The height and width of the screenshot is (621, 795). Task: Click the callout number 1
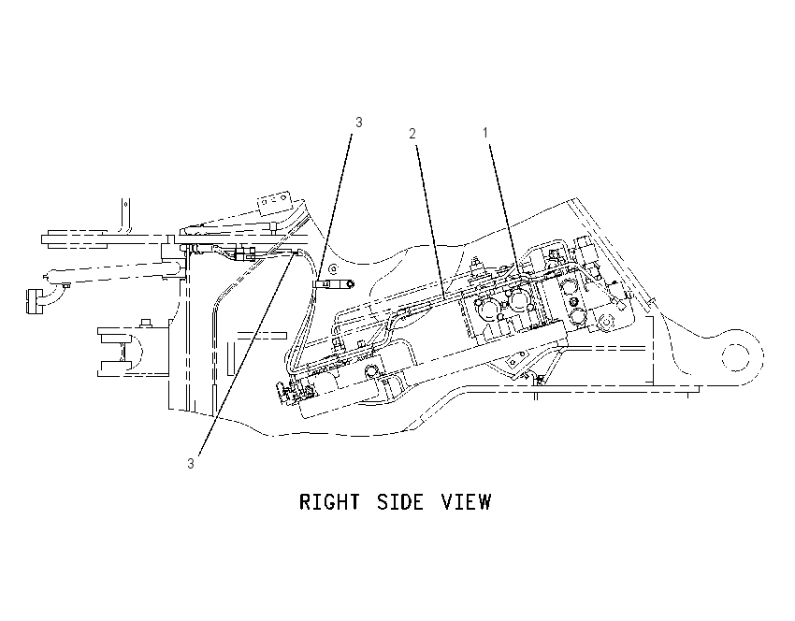click(485, 133)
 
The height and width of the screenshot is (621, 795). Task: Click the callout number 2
click(412, 134)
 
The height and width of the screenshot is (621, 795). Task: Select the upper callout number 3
click(359, 123)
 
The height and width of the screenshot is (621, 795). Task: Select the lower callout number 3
click(191, 463)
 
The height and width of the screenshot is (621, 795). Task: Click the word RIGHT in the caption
click(330, 502)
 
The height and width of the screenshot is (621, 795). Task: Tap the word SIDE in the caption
click(400, 502)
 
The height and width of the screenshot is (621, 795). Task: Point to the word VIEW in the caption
click(467, 502)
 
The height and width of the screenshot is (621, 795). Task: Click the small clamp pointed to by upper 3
click(334, 285)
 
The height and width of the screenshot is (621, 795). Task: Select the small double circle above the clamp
click(333, 267)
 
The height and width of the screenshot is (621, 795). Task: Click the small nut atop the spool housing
click(146, 322)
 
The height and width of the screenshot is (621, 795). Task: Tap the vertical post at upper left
click(125, 216)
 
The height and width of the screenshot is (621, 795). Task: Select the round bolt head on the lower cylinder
click(370, 372)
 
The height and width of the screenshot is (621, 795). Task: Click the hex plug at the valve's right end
click(605, 323)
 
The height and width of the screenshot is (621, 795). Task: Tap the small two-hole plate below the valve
click(515, 361)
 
